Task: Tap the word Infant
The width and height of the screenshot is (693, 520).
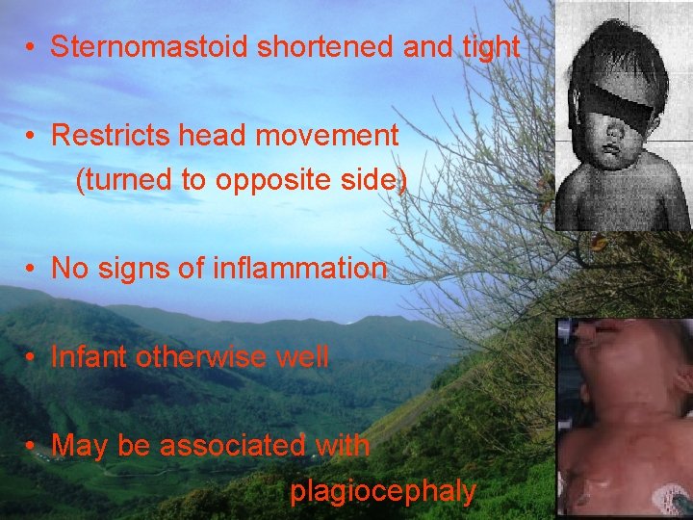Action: (90, 357)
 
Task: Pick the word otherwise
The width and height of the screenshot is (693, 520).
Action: (202, 357)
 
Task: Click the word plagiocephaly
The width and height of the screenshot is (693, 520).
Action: (383, 492)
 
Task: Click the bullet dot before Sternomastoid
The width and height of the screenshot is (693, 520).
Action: (32, 47)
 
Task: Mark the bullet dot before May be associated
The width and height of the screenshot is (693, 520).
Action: (32, 447)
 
